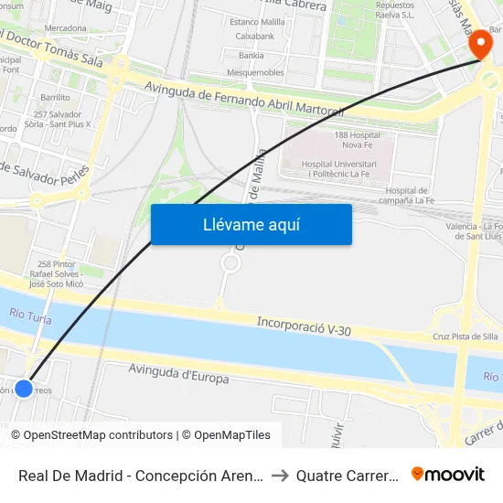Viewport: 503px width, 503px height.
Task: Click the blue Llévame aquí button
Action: tap(251, 224)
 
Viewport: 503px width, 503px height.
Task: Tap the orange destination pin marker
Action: tap(478, 46)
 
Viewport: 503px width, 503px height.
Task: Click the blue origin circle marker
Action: tap(24, 389)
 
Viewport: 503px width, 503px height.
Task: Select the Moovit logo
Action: tap(447, 474)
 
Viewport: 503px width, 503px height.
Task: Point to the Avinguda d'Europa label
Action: tap(179, 373)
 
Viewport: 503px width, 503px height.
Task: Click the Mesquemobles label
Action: tap(255, 72)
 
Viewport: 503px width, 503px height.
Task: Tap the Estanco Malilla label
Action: tap(258, 20)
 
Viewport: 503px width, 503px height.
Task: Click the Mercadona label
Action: tap(65, 28)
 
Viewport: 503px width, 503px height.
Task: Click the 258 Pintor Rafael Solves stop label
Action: tap(57, 273)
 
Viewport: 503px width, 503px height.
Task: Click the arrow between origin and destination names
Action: tap(280, 475)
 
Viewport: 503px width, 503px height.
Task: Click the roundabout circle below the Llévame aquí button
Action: tap(230, 263)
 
